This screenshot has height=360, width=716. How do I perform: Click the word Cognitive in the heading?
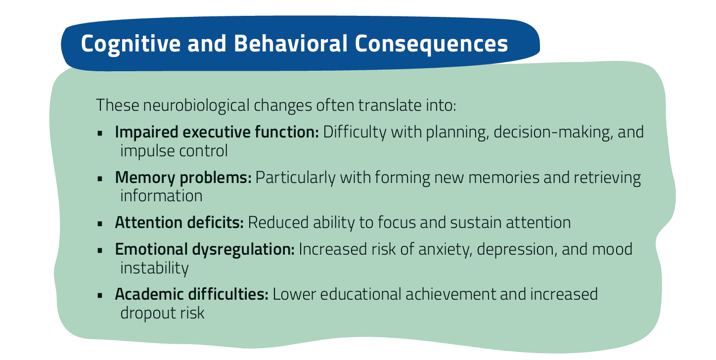point(131,44)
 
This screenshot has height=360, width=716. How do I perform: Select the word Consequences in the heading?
point(431,44)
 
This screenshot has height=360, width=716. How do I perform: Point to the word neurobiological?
point(196,105)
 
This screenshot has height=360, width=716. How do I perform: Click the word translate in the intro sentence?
point(390,105)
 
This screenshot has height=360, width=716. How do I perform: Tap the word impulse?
point(147,151)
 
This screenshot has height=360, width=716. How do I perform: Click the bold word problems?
point(216,178)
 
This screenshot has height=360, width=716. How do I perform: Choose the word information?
point(161,196)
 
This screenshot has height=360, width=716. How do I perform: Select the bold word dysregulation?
point(243,249)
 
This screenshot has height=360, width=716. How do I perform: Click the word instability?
point(154,268)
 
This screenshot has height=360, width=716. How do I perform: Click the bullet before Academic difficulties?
point(100,295)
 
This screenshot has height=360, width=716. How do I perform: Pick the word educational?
point(360,294)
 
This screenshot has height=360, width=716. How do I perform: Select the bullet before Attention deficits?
point(100,224)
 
